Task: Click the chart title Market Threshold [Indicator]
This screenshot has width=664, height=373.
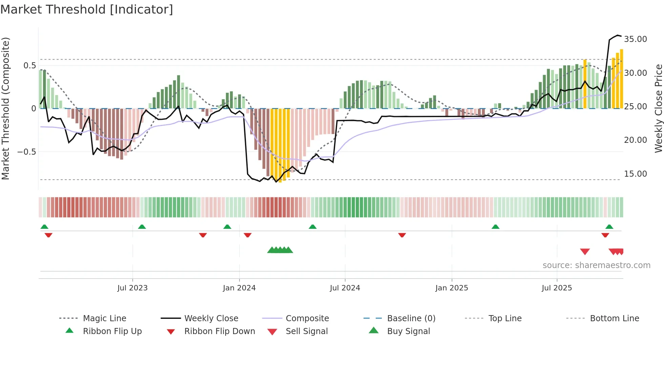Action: (x=87, y=9)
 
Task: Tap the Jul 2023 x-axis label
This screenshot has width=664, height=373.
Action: (x=132, y=288)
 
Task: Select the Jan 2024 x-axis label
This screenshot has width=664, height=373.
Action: (x=239, y=288)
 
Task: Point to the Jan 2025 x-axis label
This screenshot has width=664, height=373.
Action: (x=452, y=288)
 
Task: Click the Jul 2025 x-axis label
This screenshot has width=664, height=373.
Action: (x=557, y=288)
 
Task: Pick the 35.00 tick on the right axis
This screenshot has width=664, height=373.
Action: (x=636, y=39)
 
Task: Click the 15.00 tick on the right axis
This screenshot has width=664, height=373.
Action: (x=636, y=174)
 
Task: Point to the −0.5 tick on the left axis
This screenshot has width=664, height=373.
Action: (x=27, y=152)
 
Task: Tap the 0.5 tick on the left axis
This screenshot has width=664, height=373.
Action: (x=29, y=66)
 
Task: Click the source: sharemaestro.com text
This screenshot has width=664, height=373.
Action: (x=596, y=265)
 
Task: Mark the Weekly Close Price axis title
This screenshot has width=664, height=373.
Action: (x=658, y=108)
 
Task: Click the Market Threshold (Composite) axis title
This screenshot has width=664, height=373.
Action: (x=5, y=108)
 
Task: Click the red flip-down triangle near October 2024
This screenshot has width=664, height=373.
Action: (x=402, y=235)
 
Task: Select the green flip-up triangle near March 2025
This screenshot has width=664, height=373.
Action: (x=495, y=227)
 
